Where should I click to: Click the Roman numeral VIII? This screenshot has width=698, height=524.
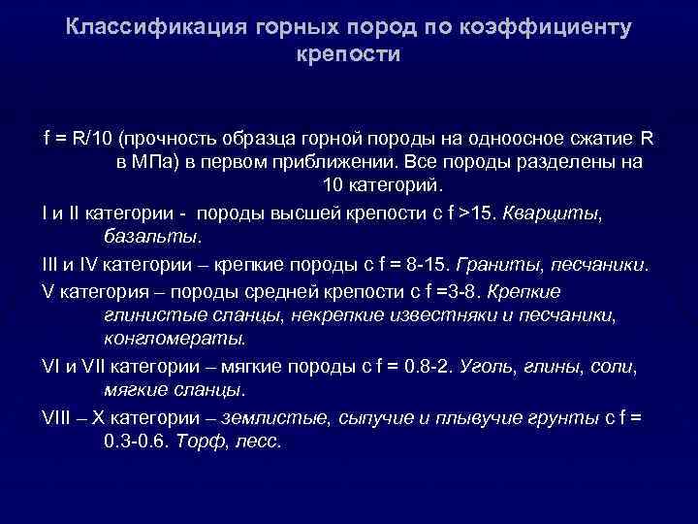[x=59, y=416]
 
